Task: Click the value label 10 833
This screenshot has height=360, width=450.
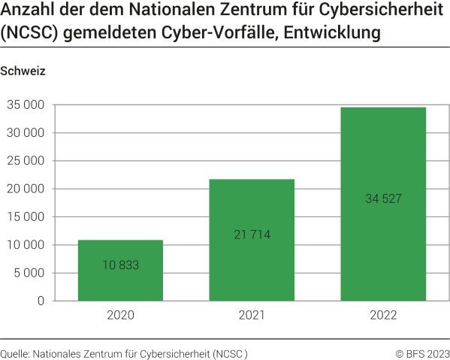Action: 120,265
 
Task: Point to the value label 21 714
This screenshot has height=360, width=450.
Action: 252,234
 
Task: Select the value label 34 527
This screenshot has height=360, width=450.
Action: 383,198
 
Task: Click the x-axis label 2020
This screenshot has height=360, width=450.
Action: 120,315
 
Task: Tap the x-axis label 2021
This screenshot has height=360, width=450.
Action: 252,315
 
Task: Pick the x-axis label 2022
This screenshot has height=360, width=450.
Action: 383,315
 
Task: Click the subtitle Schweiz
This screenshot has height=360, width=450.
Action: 23,72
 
